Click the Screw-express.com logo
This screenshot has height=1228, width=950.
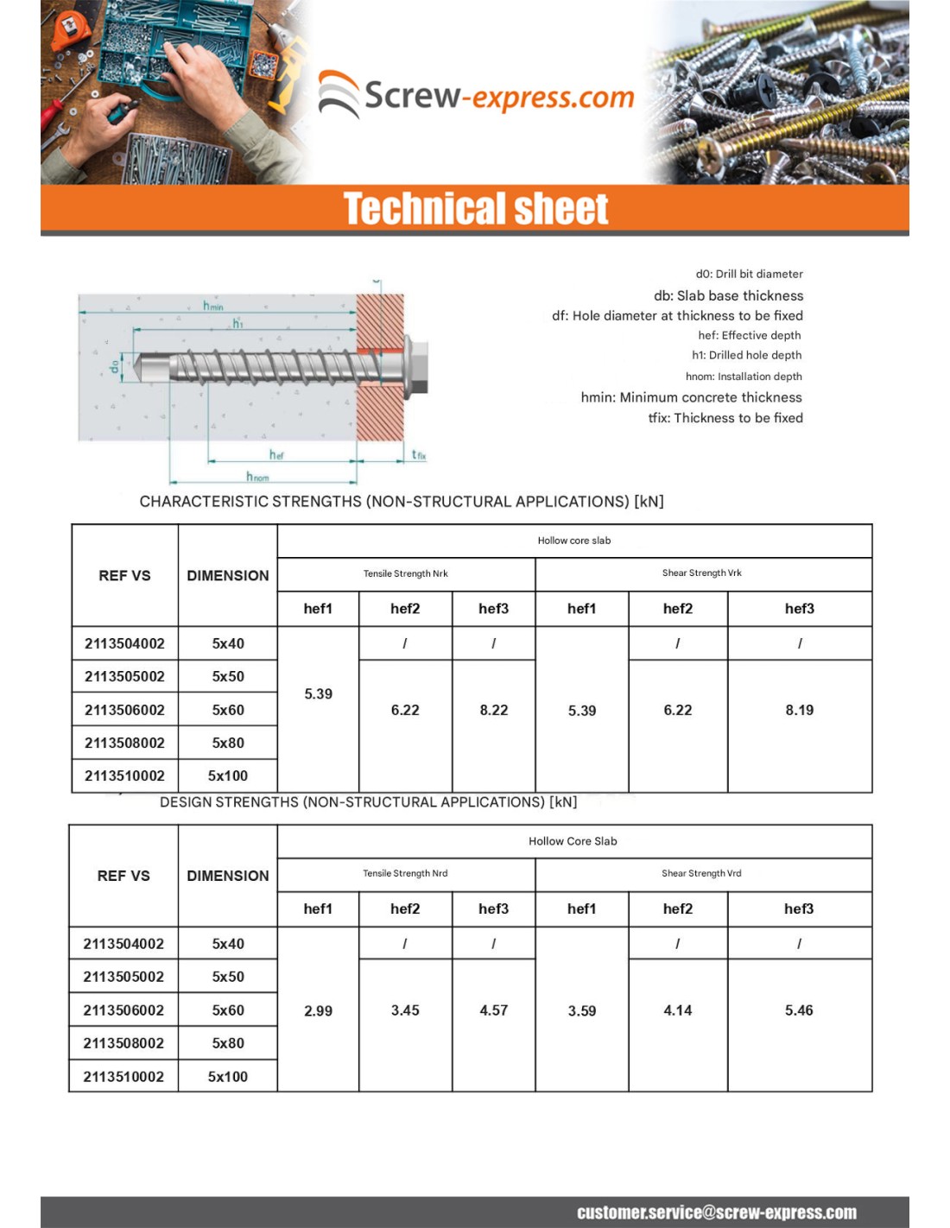pos(476,95)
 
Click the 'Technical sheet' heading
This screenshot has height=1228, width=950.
pos(476,209)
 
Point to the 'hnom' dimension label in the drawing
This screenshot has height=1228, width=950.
pos(257,476)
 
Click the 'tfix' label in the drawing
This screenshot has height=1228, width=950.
pos(419,454)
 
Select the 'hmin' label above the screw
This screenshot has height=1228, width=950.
pos(213,306)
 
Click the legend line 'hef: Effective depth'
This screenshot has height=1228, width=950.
pos(749,335)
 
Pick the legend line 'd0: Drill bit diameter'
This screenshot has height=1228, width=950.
pos(749,274)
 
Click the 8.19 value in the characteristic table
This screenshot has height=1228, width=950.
pos(799,710)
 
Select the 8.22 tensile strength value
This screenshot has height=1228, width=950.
pos(493,710)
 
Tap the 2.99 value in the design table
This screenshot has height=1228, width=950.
pos(318,1010)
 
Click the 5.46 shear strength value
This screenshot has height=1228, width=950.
pos(799,1010)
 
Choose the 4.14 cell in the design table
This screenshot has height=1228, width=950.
pos(677,1010)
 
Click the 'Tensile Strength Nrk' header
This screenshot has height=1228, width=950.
pos(405,573)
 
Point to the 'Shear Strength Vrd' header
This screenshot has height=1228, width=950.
pos(701,873)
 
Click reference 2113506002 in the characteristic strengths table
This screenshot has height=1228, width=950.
pos(124,710)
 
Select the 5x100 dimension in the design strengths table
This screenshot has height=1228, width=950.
pos(228,1076)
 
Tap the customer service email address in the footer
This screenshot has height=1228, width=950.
pos(717,1212)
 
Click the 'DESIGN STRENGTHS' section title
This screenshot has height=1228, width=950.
pos(368,802)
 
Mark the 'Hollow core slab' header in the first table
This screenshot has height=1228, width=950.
pos(573,541)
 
